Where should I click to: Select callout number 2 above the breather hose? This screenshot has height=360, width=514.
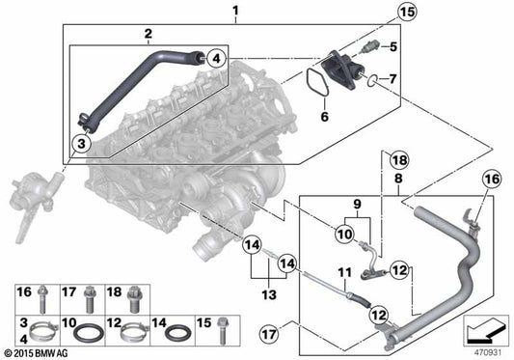click(x=148, y=35)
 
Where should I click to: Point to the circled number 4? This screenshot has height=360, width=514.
click(x=215, y=58)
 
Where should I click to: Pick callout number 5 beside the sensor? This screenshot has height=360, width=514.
click(x=392, y=45)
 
